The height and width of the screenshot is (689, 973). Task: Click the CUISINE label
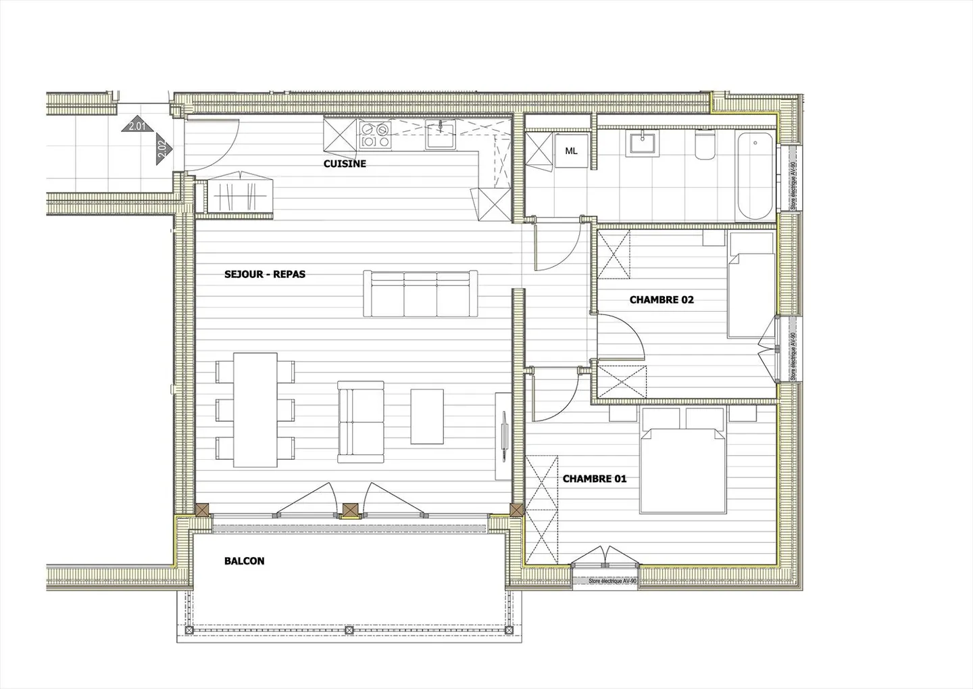345,164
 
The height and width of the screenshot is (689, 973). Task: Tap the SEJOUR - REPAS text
265,275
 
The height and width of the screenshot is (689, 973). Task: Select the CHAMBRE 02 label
662,300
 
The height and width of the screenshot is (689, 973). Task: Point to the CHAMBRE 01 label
595,479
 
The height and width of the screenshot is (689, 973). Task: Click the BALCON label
244,561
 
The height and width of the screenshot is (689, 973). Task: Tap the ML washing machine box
572,151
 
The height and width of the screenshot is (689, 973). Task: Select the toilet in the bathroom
704,145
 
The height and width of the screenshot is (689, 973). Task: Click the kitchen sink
441,135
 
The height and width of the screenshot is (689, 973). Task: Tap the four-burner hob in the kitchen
375,135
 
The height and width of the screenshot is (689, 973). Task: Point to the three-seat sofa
419,294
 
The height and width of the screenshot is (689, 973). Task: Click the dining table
255,410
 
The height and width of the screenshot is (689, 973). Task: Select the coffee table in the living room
427,416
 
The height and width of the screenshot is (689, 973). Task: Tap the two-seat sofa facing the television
361,421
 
